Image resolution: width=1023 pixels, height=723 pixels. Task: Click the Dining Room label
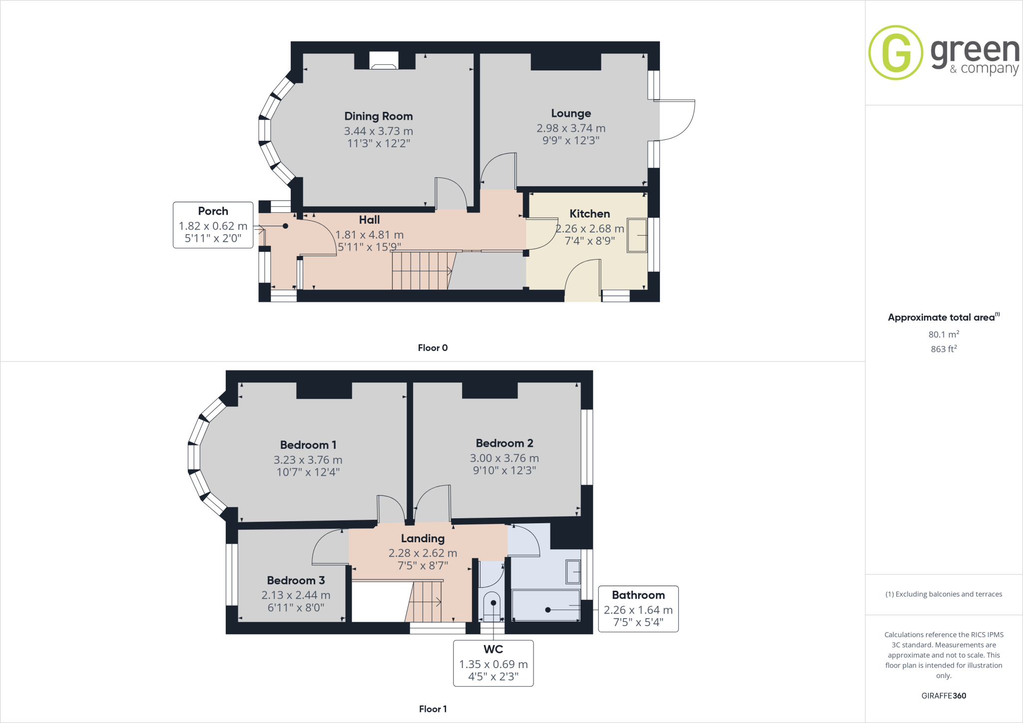coord(378,116)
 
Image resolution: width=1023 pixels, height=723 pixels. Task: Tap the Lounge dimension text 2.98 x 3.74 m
coord(570,128)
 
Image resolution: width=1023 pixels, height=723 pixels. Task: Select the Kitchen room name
coord(589,214)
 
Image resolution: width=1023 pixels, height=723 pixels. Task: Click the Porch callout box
coord(213,225)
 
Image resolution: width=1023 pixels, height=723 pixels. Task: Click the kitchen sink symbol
coord(637,235)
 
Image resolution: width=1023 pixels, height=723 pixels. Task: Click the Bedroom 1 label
coord(308,445)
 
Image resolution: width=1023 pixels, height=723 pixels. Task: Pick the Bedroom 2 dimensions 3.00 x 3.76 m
coord(504,458)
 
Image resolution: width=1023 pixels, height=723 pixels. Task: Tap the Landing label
coord(423,538)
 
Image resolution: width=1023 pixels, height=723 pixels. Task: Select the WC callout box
coord(493,663)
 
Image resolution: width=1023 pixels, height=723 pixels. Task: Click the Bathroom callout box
coord(638,609)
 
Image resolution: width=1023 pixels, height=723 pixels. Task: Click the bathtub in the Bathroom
coord(545,605)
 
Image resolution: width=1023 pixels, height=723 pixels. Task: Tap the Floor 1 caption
coord(433,709)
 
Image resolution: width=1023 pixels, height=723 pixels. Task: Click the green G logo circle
coord(896,52)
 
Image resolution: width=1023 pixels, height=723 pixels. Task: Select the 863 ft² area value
coord(943,349)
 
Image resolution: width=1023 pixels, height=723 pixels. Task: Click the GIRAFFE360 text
coord(943,696)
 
